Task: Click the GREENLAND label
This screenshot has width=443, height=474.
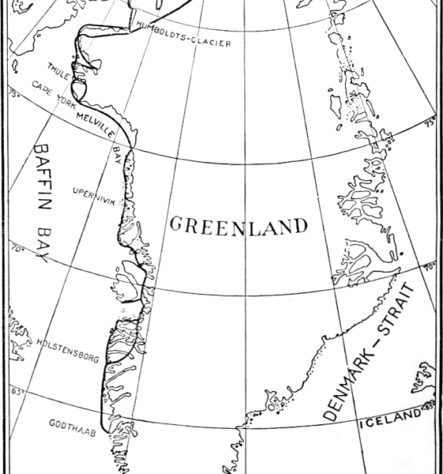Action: (x=238, y=226)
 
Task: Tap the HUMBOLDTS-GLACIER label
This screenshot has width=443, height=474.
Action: (x=184, y=40)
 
